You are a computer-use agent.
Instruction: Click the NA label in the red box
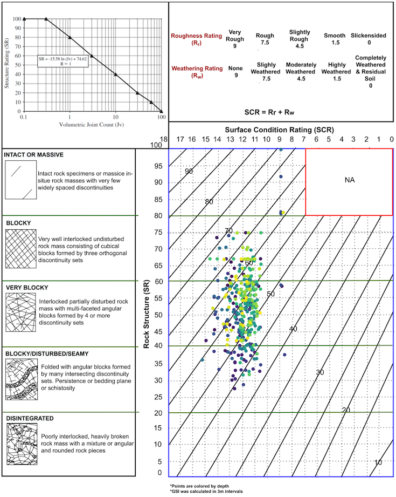[349, 181]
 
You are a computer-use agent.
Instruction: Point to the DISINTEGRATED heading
[30, 418]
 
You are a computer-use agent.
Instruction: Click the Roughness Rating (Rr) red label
[196, 39]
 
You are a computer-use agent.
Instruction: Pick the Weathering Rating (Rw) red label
[196, 72]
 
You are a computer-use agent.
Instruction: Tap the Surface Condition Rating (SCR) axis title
[280, 130]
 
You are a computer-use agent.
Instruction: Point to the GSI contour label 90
[189, 171]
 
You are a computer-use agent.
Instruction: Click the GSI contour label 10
[378, 462]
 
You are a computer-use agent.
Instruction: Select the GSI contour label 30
[320, 372]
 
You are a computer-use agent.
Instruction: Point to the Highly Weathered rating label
[336, 68]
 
